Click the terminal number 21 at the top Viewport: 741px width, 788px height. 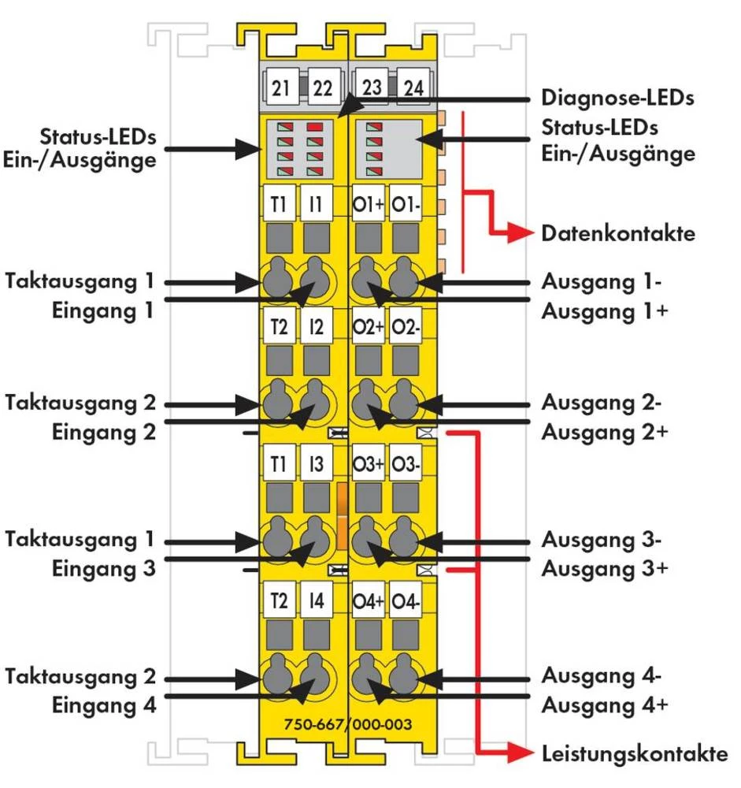pyautogui.click(x=280, y=87)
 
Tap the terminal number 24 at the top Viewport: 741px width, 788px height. pyautogui.click(x=414, y=87)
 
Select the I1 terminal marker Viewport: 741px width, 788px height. pyautogui.click(x=317, y=205)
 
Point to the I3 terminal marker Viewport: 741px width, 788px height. pyautogui.click(x=317, y=464)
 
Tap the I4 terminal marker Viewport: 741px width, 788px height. pyautogui.click(x=317, y=601)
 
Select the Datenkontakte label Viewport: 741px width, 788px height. pyautogui.click(x=618, y=234)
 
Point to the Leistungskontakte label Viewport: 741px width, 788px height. pyautogui.click(x=634, y=754)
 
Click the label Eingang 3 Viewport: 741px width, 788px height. pyautogui.click(x=104, y=568)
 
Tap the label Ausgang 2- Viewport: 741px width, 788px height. pyautogui.click(x=601, y=403)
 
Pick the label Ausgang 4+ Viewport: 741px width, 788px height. pyautogui.click(x=604, y=704)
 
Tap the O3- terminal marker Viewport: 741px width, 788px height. pyautogui.click(x=407, y=464)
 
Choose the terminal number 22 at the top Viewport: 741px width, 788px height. pyautogui.click(x=323, y=87)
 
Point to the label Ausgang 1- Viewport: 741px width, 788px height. pyautogui.click(x=601, y=281)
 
